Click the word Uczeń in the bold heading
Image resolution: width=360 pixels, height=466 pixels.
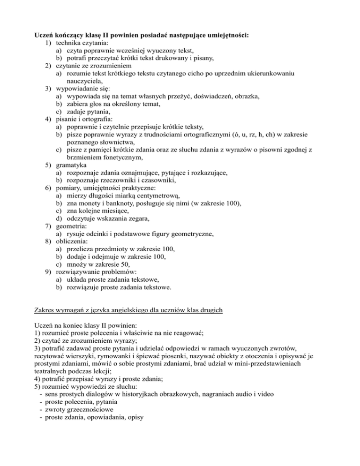[x=46, y=22]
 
